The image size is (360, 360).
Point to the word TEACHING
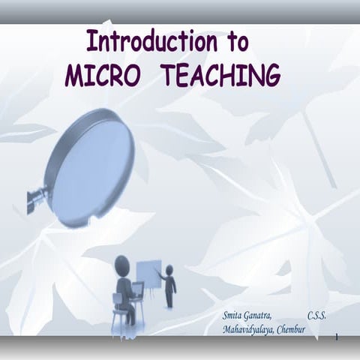(x=221, y=75)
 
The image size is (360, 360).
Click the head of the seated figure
(x=121, y=264)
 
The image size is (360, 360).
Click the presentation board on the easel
(x=147, y=275)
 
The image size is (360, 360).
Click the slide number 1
(x=337, y=338)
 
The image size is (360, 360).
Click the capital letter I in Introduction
(x=90, y=40)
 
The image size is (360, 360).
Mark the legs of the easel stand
(x=148, y=300)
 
